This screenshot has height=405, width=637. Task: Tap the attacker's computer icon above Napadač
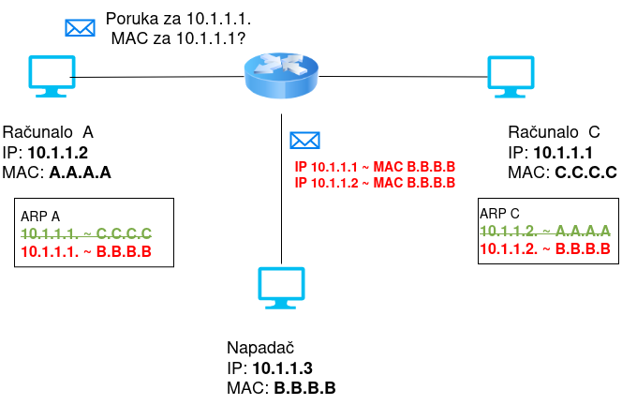click(282, 289)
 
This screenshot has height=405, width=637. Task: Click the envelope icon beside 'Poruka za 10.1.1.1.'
click(80, 27)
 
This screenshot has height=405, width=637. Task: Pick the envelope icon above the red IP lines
click(304, 141)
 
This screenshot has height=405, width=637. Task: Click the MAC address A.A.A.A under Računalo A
click(81, 172)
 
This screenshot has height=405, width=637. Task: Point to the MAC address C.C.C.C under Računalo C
click(585, 172)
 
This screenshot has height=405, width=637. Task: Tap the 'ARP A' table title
click(39, 216)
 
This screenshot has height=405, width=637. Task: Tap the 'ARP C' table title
click(500, 213)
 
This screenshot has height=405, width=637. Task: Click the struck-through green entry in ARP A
click(86, 232)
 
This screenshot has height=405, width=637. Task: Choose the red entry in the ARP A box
click(86, 251)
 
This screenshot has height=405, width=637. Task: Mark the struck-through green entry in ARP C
click(545, 230)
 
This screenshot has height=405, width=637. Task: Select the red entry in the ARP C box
click(545, 248)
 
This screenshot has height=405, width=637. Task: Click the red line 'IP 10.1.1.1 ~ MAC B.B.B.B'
click(375, 167)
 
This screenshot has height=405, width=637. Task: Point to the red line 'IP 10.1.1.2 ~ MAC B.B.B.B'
click(375, 182)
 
